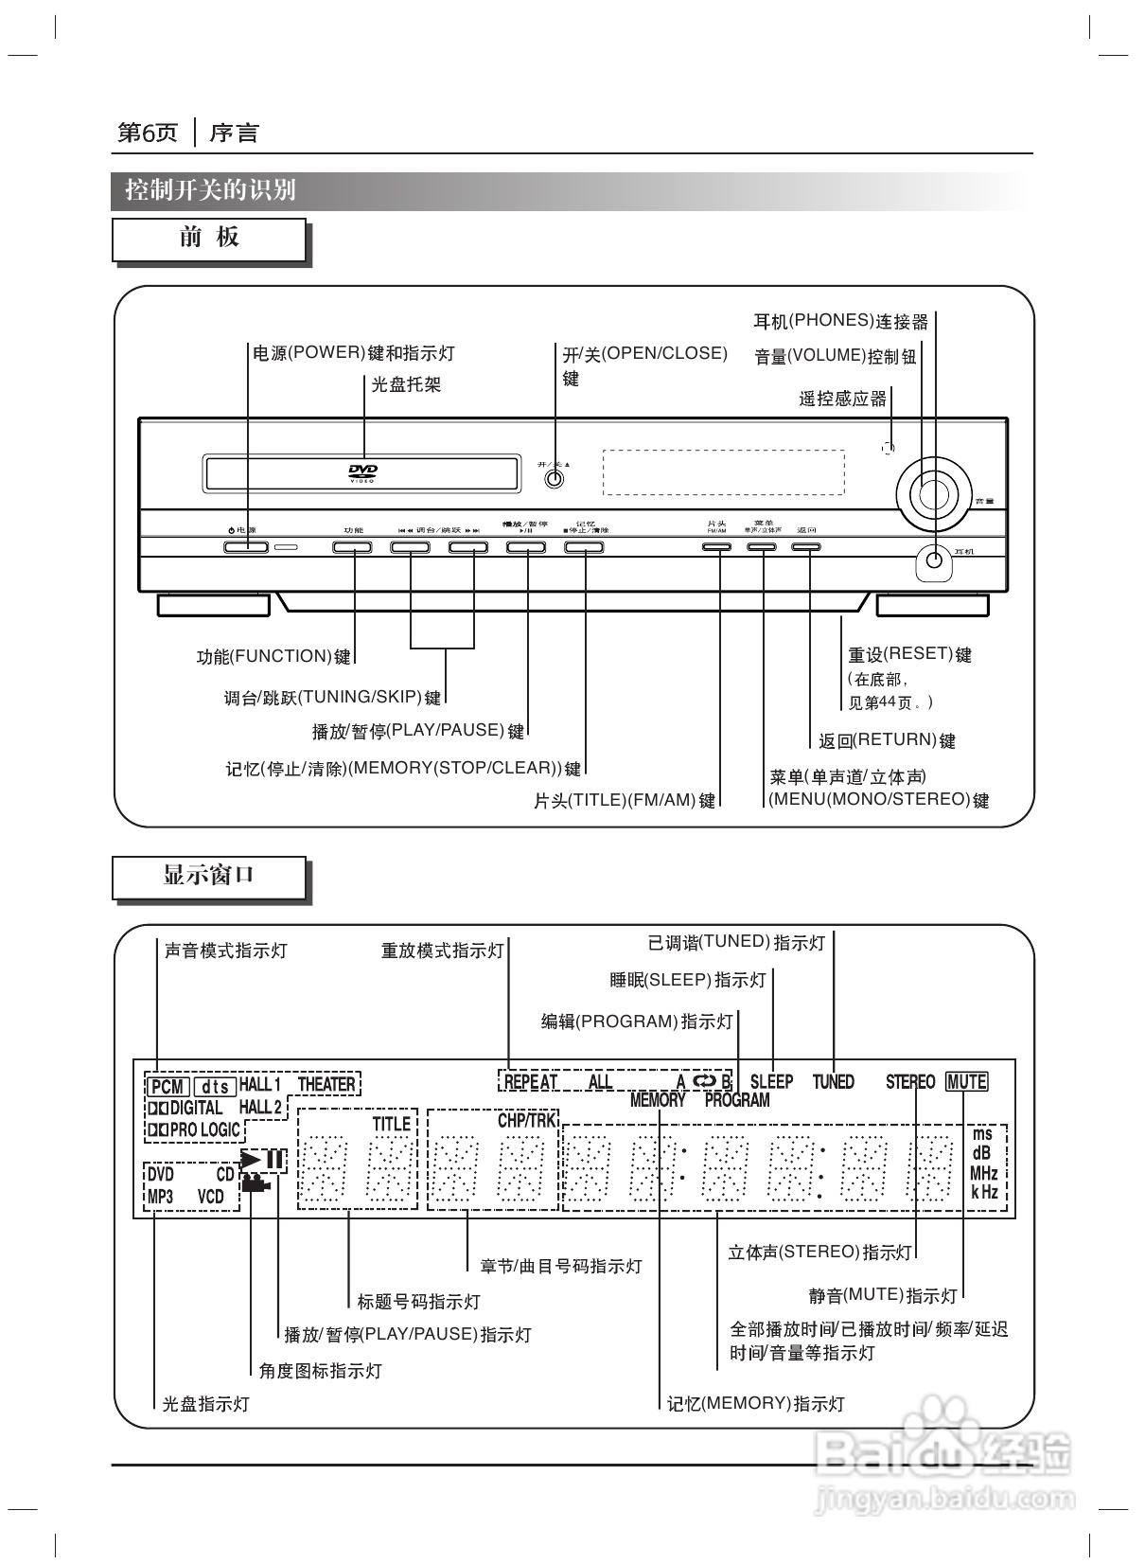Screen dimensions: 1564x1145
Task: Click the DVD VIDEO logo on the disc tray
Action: click(x=363, y=473)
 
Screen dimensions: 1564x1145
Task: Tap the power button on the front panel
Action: click(x=246, y=547)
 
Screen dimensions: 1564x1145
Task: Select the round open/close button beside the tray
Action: click(x=555, y=479)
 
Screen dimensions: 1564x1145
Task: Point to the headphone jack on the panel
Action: click(x=934, y=562)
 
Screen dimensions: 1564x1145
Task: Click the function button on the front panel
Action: click(x=352, y=547)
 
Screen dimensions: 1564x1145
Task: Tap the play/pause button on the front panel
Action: click(x=526, y=547)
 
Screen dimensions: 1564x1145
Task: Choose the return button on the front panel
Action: click(x=806, y=547)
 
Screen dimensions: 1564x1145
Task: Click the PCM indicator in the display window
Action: click(x=167, y=1086)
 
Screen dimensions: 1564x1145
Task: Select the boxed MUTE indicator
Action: click(x=966, y=1082)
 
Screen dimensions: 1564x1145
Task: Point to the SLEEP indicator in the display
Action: click(x=771, y=1082)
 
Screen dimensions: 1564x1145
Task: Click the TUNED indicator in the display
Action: click(x=834, y=1082)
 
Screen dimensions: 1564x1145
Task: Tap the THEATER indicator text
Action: click(x=326, y=1085)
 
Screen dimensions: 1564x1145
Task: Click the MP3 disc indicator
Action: click(x=161, y=1197)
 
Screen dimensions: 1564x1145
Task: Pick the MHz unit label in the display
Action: click(x=984, y=1174)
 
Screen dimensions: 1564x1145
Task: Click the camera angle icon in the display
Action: click(x=256, y=1182)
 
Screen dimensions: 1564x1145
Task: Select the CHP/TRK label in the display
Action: click(x=527, y=1121)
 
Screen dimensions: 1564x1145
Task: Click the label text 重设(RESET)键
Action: click(x=909, y=654)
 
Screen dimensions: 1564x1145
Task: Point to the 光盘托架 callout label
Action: click(x=406, y=384)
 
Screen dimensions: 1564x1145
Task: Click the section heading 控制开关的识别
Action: click(x=211, y=190)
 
